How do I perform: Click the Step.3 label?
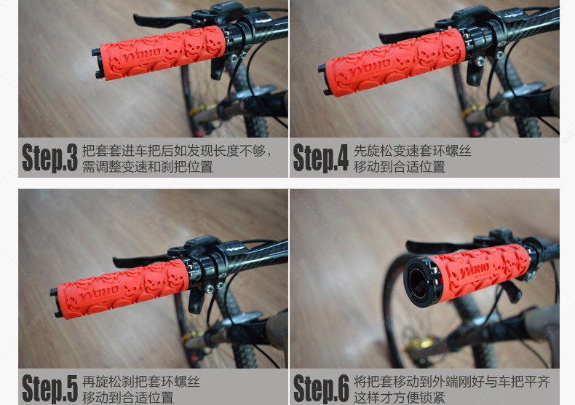(49, 158)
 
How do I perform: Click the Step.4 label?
(320, 158)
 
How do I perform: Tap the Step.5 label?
(49, 388)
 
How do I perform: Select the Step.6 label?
(321, 388)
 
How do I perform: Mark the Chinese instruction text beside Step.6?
(451, 389)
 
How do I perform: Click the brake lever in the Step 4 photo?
(408, 34)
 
